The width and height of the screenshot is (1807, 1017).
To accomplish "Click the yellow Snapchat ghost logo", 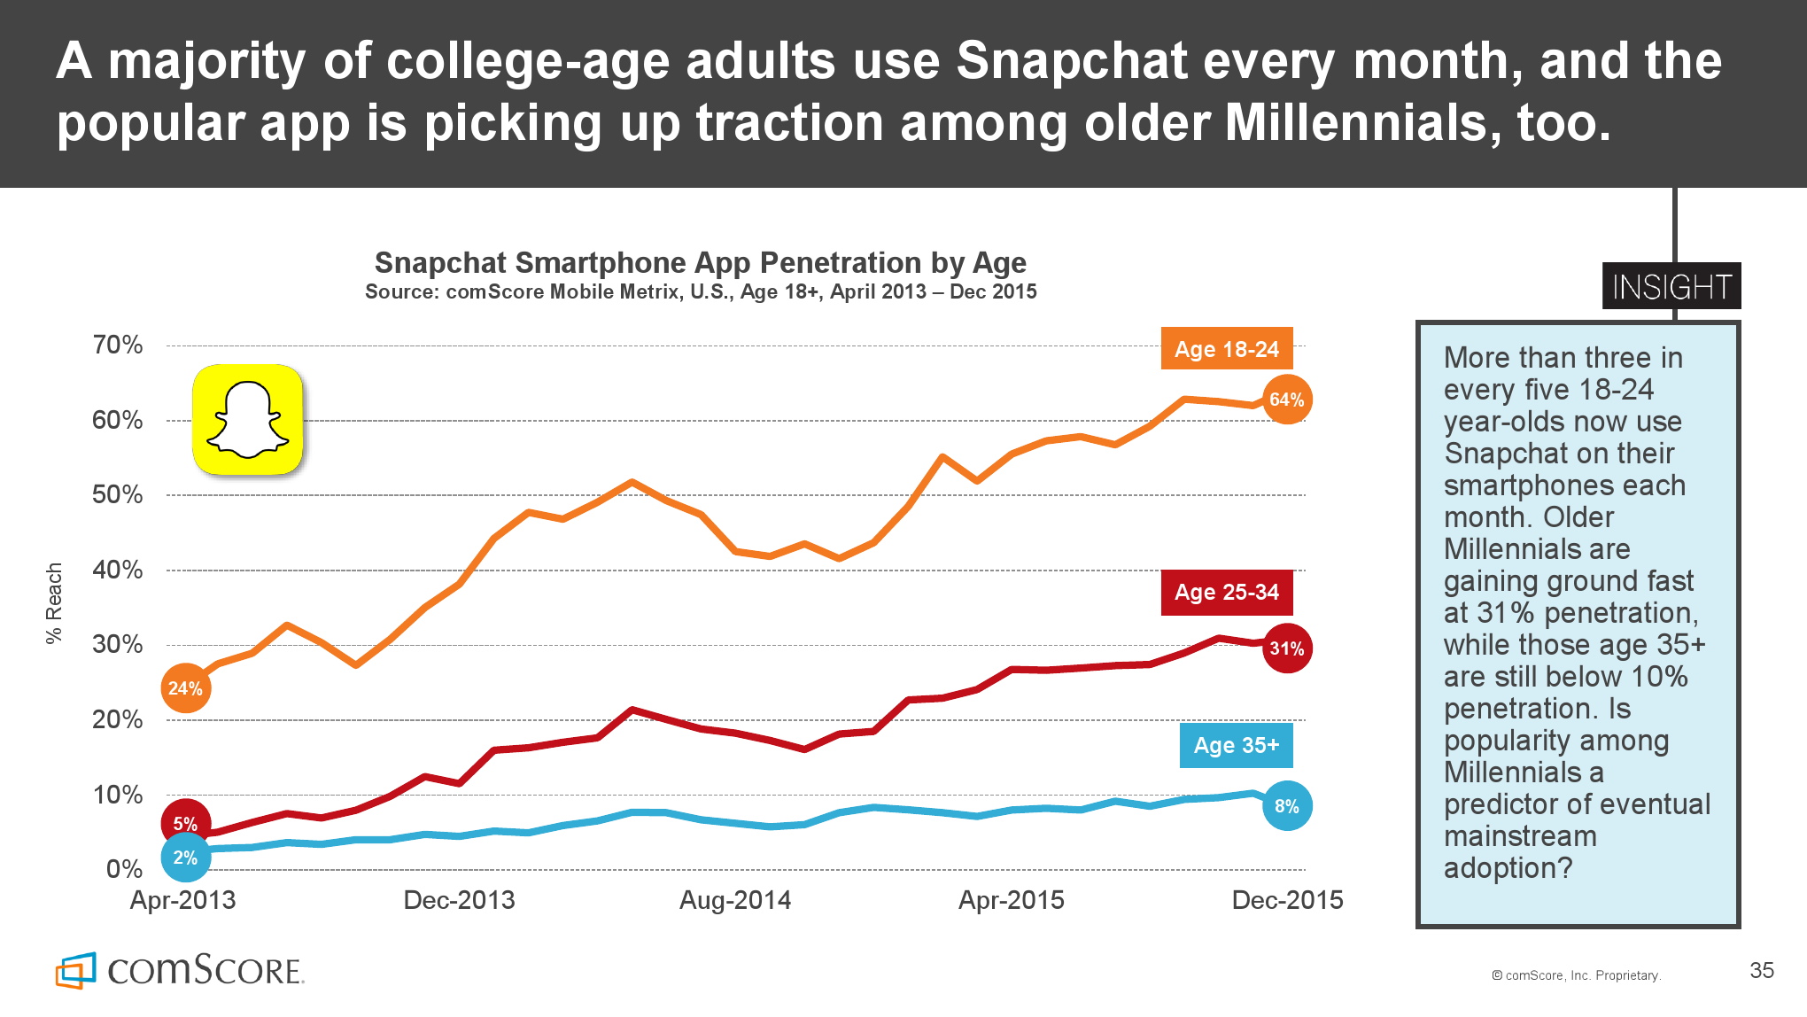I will (x=248, y=420).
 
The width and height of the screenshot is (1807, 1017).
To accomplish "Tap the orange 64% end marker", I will (x=1286, y=400).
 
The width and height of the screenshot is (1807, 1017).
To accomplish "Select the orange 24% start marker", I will (x=185, y=688).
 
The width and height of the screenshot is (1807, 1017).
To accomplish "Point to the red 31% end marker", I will (x=1286, y=648).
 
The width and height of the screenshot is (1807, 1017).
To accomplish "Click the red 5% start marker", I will (x=185, y=823).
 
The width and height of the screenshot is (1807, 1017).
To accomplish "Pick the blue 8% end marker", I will (x=1286, y=806).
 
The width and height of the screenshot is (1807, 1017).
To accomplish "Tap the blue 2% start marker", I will (x=185, y=858).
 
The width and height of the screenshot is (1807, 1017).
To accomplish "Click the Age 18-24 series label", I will (x=1227, y=349).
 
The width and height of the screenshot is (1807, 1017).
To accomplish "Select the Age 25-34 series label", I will (x=1227, y=592).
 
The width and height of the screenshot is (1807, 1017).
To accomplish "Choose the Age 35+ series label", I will (x=1236, y=745).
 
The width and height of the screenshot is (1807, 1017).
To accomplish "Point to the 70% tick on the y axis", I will (x=118, y=345).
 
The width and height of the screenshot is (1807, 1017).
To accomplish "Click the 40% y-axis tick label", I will (x=118, y=570).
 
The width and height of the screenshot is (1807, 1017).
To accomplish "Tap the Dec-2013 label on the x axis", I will (x=459, y=900).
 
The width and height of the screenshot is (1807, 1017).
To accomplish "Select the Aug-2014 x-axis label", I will (x=735, y=900).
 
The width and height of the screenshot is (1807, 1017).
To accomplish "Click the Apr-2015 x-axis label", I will (x=1012, y=900).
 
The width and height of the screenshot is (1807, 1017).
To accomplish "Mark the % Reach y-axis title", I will (x=54, y=602).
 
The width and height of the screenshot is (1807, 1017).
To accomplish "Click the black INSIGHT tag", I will (x=1671, y=286).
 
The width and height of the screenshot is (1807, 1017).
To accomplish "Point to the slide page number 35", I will (x=1762, y=970).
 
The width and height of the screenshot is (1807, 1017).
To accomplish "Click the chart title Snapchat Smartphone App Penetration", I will (x=700, y=263).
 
